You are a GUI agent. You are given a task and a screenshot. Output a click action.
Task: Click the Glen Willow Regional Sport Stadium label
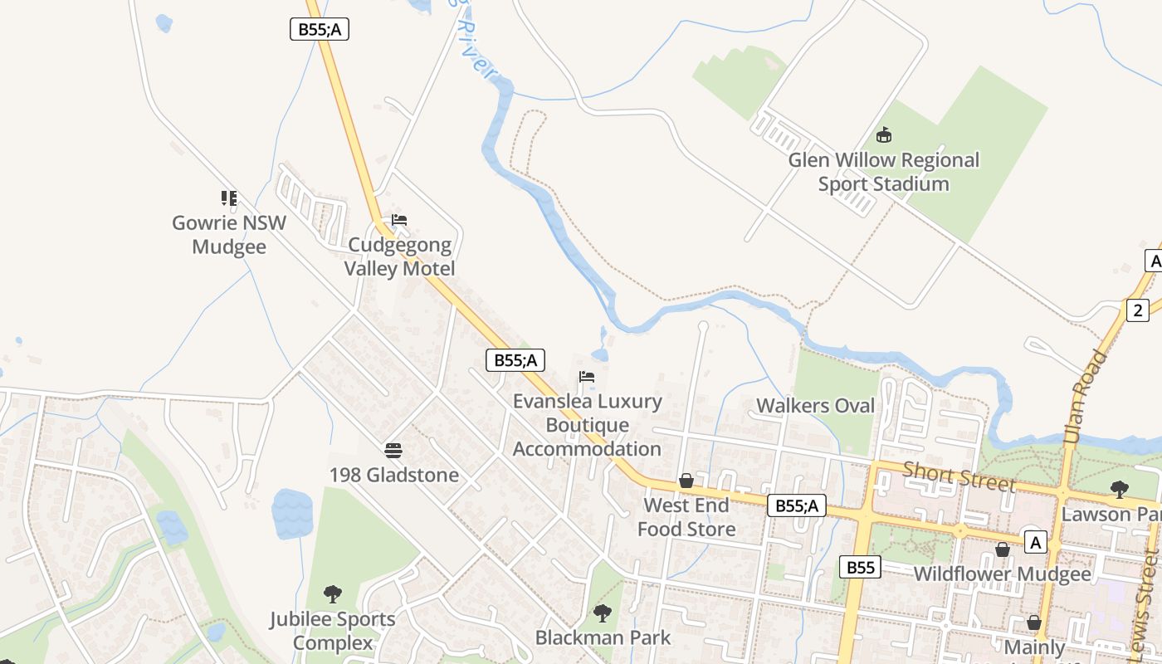(883, 172)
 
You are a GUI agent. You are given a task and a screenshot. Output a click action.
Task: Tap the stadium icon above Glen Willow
(884, 134)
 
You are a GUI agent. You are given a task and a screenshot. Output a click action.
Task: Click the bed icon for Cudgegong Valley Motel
(399, 220)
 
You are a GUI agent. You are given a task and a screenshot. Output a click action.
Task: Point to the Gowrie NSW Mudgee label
(229, 235)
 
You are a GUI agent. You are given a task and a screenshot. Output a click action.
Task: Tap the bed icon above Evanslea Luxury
(587, 377)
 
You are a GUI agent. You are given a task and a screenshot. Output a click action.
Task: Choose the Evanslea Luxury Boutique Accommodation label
(587, 425)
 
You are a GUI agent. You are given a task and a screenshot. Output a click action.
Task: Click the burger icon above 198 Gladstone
(393, 451)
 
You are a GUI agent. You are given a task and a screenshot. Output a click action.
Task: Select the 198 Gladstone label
(393, 476)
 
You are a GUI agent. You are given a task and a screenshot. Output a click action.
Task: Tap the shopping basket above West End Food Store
(686, 481)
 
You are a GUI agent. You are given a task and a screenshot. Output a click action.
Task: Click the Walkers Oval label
(816, 406)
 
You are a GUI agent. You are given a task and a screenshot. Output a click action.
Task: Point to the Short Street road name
(959, 476)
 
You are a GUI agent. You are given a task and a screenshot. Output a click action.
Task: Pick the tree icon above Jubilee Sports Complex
(333, 594)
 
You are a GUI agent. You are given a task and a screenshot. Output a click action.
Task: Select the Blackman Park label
(603, 638)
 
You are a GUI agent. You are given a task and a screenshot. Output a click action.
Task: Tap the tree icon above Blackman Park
(603, 613)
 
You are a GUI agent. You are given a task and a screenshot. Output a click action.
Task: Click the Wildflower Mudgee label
(1002, 574)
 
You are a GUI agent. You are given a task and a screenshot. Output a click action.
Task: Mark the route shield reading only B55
(860, 568)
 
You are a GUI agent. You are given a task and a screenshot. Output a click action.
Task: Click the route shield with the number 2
(1138, 310)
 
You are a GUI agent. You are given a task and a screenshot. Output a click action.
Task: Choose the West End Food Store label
(686, 517)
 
